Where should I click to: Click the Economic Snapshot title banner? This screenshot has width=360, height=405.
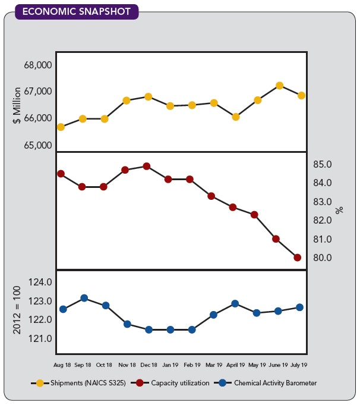point(76,11)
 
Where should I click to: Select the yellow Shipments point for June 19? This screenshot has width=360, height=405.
point(279,86)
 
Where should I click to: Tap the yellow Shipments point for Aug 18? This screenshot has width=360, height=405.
point(61,127)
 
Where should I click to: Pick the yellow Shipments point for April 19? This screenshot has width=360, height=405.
point(236,117)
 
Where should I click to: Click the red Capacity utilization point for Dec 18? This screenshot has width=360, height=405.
point(147,167)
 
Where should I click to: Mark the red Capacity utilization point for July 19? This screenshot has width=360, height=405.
point(298,258)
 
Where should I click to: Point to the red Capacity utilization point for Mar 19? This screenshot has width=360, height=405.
point(211,196)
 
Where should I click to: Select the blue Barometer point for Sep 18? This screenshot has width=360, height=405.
point(84,298)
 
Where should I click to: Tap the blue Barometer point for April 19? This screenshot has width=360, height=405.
point(235,304)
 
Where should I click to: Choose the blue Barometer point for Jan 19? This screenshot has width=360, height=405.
point(170,329)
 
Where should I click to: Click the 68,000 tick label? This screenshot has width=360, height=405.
point(38,65)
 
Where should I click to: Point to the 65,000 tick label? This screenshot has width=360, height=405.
point(38,145)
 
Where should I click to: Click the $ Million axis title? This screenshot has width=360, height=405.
point(17,105)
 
